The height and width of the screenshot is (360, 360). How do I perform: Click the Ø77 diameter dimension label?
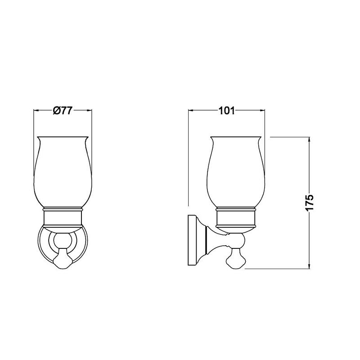coord(63,110)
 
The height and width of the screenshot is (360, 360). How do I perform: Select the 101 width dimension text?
coord(227,111)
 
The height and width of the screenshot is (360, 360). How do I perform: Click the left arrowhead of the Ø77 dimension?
coord(36,110)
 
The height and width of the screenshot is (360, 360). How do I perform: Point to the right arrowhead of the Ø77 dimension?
coord(89,110)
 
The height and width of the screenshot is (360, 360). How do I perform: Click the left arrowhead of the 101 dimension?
coord(191,110)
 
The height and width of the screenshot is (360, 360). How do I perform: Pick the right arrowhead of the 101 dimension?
coord(262,110)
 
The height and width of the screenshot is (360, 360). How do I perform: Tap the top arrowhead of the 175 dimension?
coord(310,139)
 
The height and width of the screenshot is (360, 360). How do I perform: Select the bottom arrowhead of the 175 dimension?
coord(310,266)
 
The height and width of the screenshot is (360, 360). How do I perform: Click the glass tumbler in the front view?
coord(63,173)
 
